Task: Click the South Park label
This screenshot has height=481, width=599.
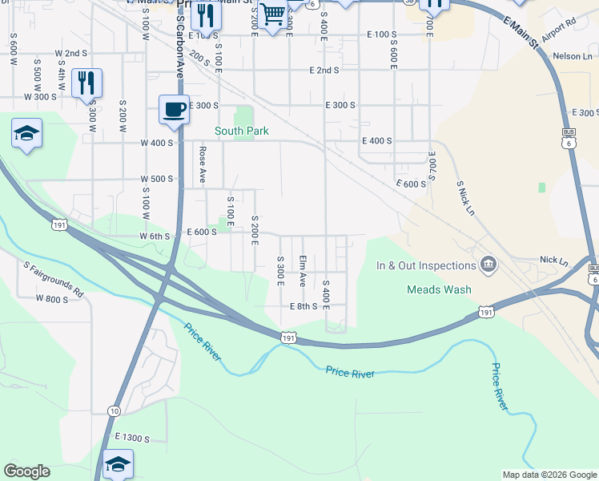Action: pyautogui.click(x=241, y=131)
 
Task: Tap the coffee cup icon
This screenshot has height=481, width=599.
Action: pyautogui.click(x=174, y=111)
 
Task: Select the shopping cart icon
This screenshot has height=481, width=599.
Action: pyautogui.click(x=274, y=14)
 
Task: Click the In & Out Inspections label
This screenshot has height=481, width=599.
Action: pyautogui.click(x=427, y=265)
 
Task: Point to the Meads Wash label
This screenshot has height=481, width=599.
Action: pyautogui.click(x=439, y=289)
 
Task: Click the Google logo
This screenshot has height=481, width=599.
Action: pyautogui.click(x=26, y=471)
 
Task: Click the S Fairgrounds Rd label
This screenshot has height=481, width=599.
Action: pyautogui.click(x=53, y=279)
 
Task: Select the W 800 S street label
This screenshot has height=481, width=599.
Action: pyautogui.click(x=52, y=299)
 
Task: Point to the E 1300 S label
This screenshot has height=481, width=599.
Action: pyautogui.click(x=132, y=437)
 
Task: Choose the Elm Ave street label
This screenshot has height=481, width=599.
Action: pyautogui.click(x=303, y=271)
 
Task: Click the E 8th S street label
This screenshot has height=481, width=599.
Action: pyautogui.click(x=304, y=306)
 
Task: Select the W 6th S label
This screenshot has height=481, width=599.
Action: pyautogui.click(x=156, y=236)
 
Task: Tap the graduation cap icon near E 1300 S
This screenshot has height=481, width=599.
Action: pyautogui.click(x=118, y=463)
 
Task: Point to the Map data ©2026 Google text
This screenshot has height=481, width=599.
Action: pyautogui.click(x=549, y=475)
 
